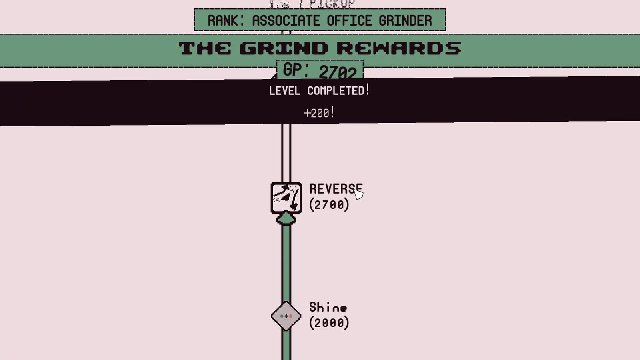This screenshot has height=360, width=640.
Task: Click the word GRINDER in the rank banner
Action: point(405,20)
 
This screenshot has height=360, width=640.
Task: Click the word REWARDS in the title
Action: point(398,48)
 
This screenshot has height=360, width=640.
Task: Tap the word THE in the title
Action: point(205,48)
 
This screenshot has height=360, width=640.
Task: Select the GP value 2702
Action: point(338,72)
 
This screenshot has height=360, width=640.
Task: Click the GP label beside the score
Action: point(295,70)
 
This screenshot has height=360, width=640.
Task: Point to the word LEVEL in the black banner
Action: point(284,91)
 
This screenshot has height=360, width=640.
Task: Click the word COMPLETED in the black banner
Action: point(336,91)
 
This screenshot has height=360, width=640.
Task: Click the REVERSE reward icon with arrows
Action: point(286,198)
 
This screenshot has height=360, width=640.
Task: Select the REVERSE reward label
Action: point(335,189)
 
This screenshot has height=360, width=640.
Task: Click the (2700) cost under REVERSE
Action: point(329,205)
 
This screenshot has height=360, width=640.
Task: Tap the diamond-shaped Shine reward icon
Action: point(286,316)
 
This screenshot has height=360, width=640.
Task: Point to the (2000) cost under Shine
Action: point(329,323)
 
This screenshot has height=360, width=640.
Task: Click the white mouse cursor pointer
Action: point(358,194)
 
